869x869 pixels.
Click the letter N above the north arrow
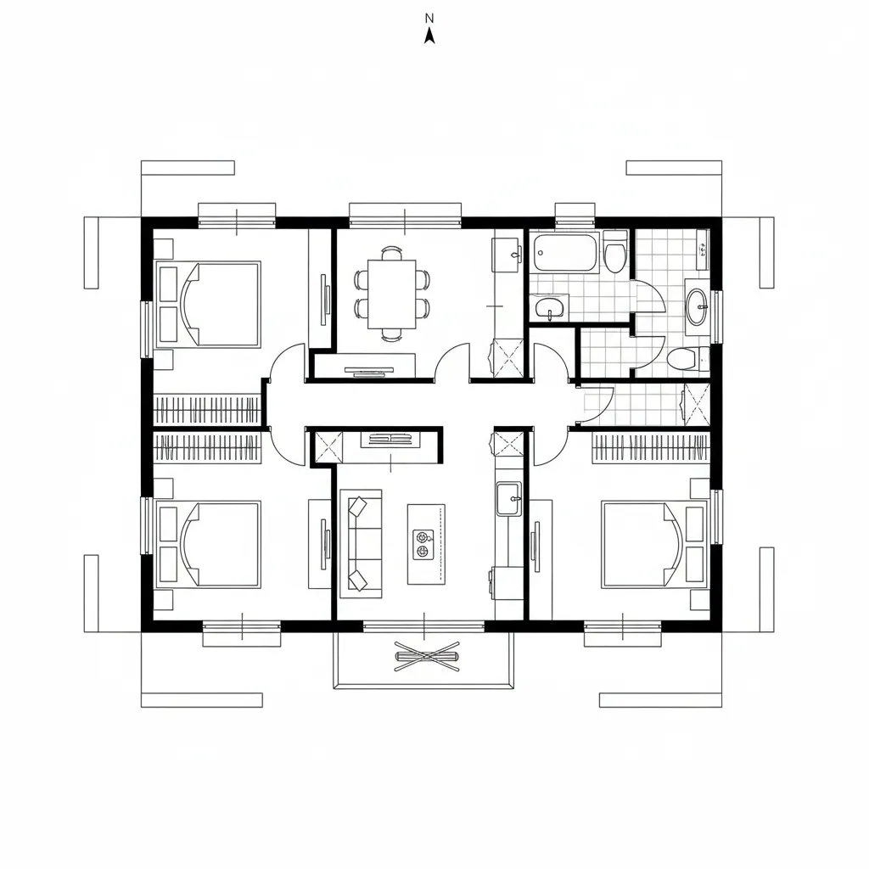pos(429,19)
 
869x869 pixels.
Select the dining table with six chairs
pos(392,293)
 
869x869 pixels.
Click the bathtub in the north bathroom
pos(564,253)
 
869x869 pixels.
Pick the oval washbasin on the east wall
pos(698,306)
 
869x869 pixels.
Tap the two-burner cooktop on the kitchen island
pos(423,544)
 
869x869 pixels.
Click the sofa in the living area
pos(361,544)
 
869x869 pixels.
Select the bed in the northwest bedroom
pos(209,305)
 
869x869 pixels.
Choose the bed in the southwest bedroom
pos(209,544)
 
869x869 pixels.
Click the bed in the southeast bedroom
pos(654,544)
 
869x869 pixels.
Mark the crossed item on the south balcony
pos(427,657)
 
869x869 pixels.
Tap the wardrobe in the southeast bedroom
pos(651,448)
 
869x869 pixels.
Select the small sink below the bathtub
pos(549,307)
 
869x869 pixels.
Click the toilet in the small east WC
pos(687,359)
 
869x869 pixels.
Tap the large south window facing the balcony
pos(424,626)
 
